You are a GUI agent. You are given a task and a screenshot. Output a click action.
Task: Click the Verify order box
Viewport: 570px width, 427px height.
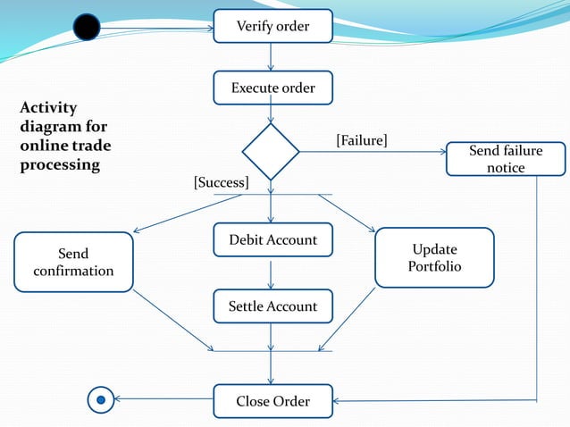click(272, 26)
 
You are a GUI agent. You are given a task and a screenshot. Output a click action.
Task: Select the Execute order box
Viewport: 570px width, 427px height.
click(272, 88)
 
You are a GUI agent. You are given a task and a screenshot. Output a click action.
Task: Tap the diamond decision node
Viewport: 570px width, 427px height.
click(271, 152)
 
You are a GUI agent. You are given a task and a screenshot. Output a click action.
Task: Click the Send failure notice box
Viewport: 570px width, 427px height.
click(506, 159)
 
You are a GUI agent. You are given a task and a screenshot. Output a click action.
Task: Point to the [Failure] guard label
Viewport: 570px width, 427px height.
click(361, 140)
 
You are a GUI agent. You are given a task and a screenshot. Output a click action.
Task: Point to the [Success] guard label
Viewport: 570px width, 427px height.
click(221, 182)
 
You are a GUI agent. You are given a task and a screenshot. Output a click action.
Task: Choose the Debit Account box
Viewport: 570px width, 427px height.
click(272, 239)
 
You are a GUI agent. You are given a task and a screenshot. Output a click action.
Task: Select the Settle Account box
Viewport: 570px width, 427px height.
click(272, 306)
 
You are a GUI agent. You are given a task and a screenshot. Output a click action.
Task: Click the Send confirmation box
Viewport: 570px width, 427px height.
click(73, 263)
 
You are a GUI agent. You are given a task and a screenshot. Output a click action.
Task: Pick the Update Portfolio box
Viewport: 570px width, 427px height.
click(434, 257)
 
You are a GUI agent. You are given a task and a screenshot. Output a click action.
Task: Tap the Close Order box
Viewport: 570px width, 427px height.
click(272, 401)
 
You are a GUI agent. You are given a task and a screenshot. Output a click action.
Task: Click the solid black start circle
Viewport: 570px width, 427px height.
click(87, 29)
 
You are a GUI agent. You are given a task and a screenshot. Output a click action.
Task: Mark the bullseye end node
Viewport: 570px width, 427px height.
click(101, 400)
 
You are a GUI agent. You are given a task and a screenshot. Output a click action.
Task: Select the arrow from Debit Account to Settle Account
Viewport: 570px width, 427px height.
click(271, 272)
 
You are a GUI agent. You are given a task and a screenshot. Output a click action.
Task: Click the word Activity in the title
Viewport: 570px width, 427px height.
click(48, 108)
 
